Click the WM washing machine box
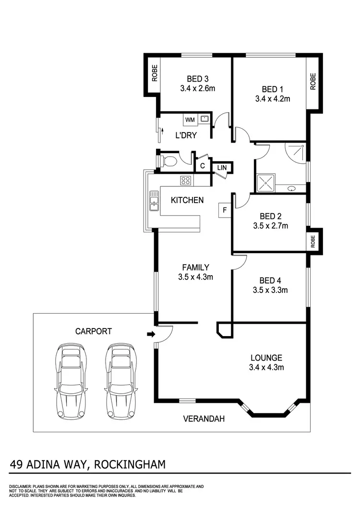click(x=190, y=119)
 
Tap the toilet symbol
click(x=168, y=160)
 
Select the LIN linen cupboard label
click(x=222, y=167)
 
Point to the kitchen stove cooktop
click(x=186, y=181)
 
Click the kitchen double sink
click(x=154, y=200)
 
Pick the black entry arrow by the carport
click(x=151, y=334)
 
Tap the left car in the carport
click(x=72, y=380)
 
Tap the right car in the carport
click(x=120, y=380)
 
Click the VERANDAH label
click(x=204, y=419)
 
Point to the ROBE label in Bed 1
click(x=313, y=82)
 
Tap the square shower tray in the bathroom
click(x=266, y=182)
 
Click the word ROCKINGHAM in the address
click(x=130, y=464)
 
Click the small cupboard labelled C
click(x=203, y=166)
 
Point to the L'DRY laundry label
click(x=186, y=135)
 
